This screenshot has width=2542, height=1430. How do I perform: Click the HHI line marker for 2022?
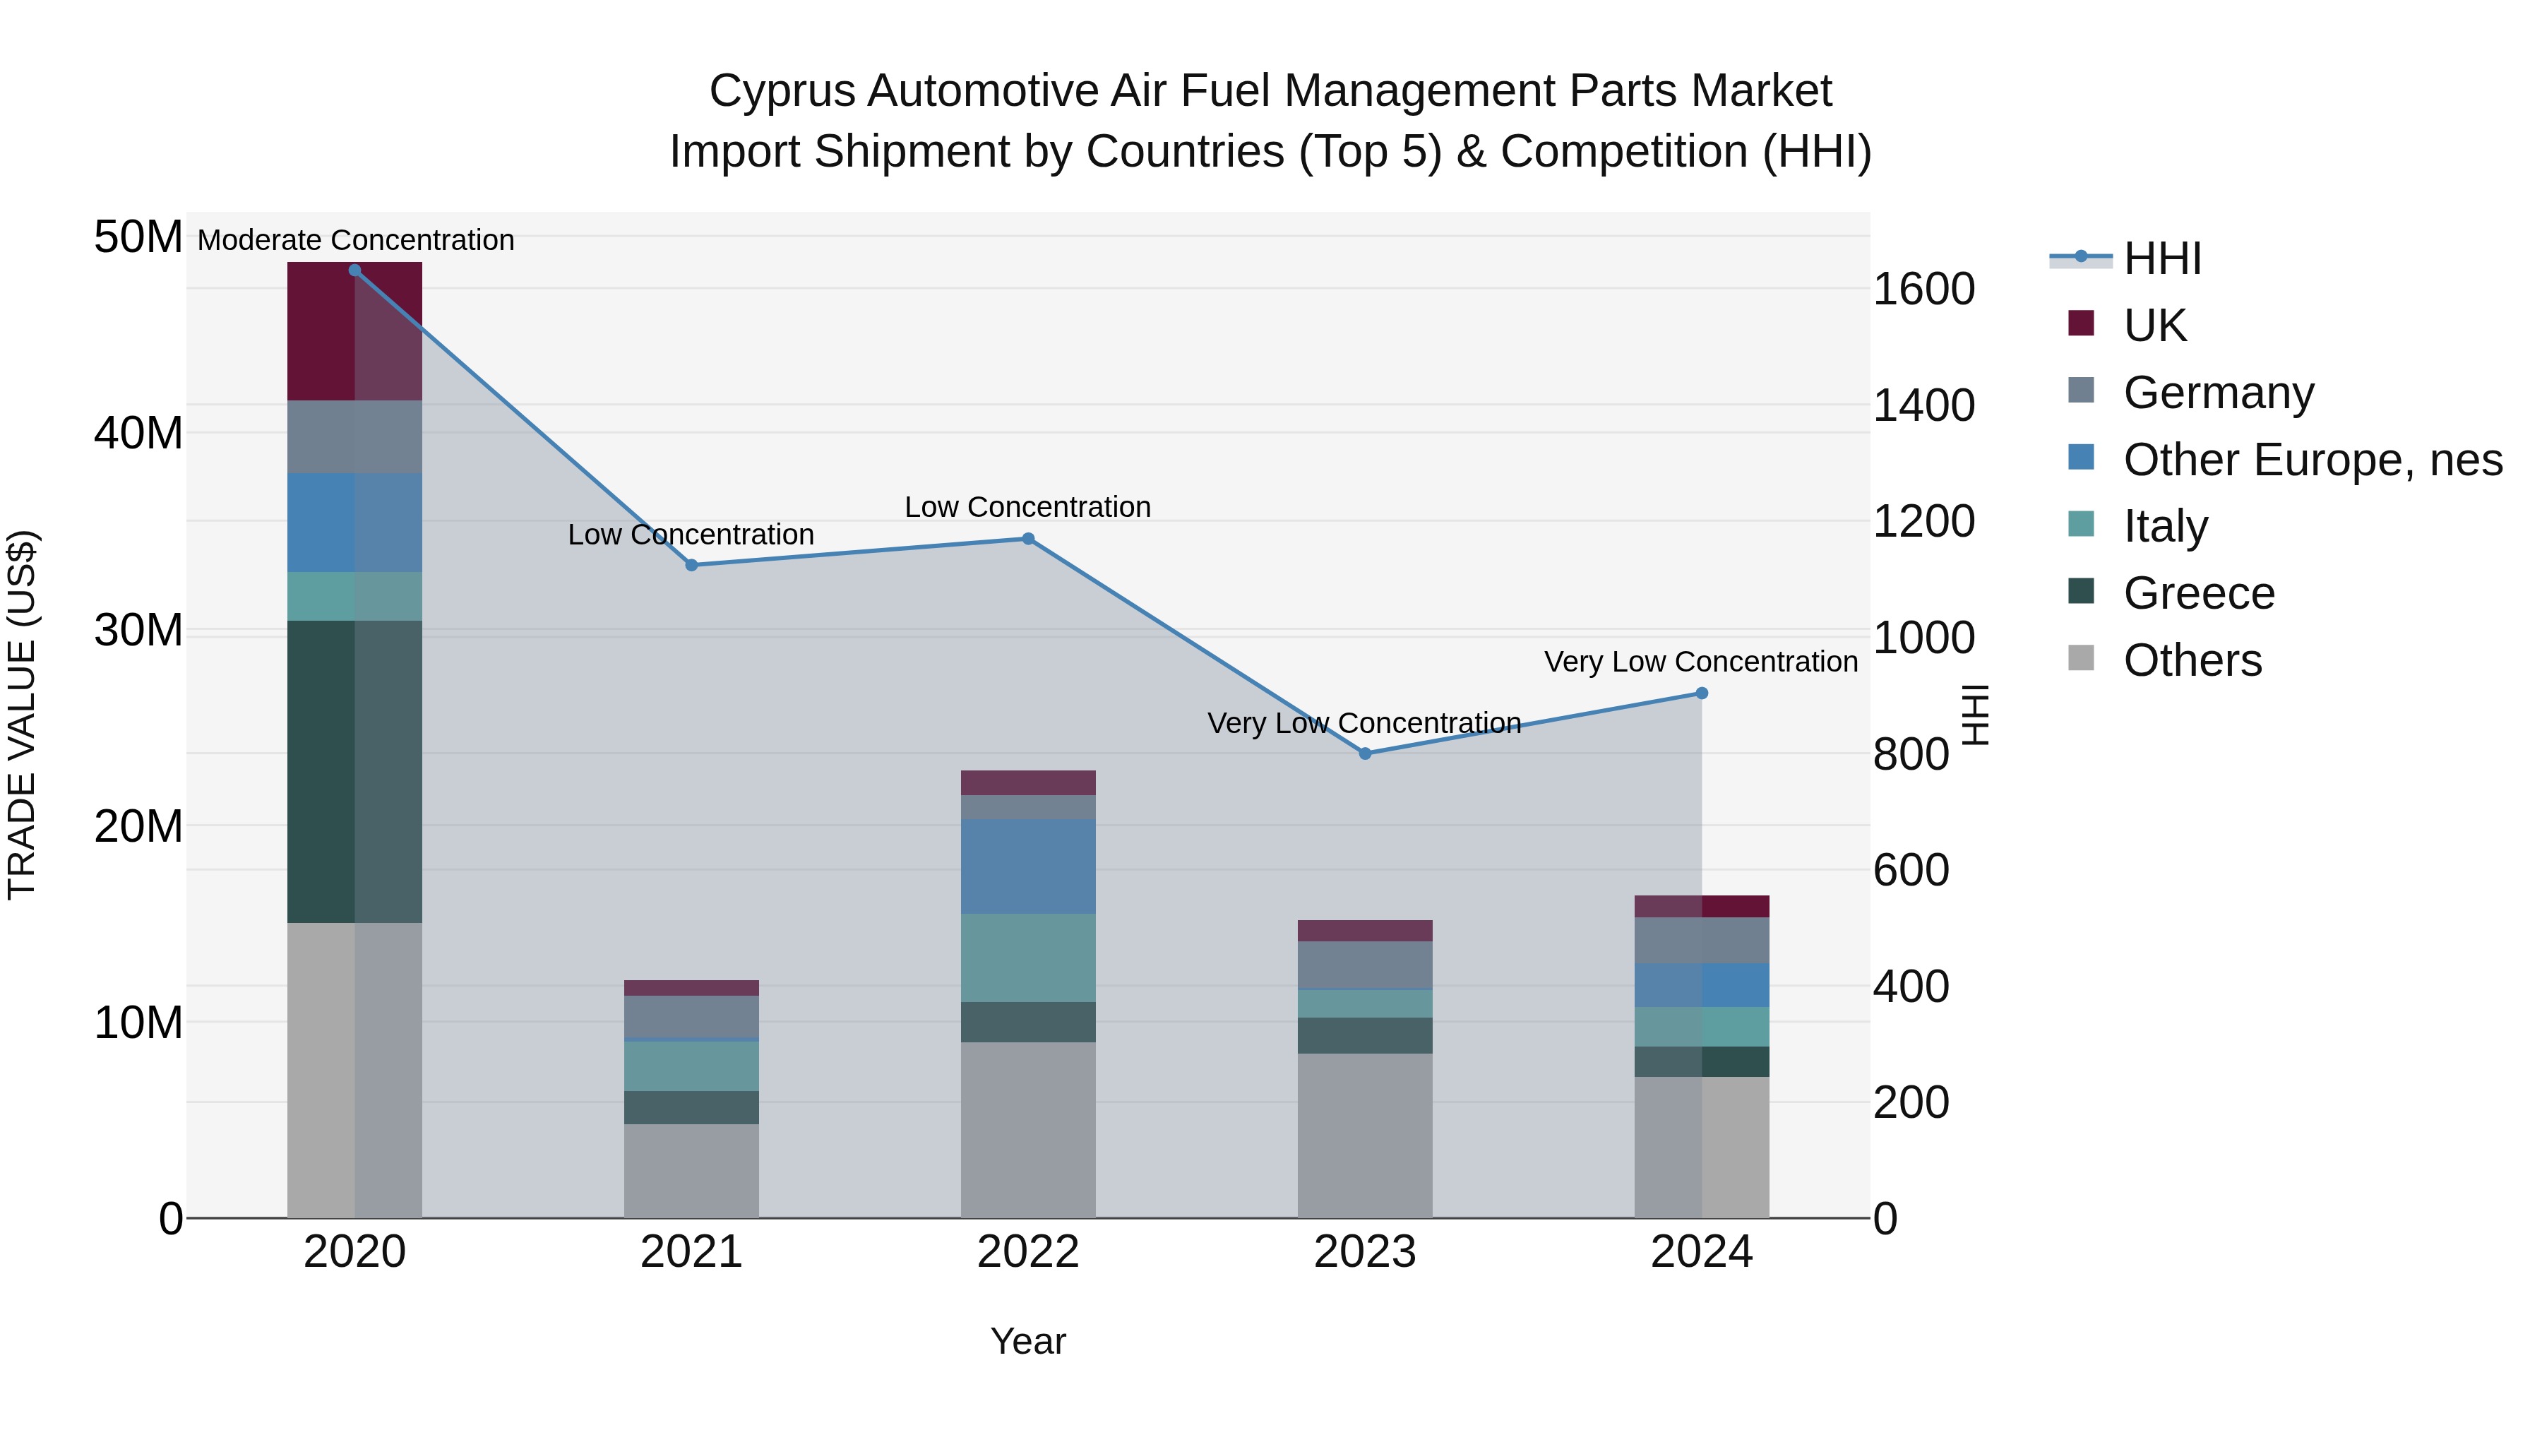tap(1027, 539)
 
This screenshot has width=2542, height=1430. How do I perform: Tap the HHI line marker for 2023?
tap(1365, 753)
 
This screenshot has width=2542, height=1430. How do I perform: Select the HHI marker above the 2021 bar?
tap(691, 564)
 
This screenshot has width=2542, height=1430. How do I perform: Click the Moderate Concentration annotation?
tap(355, 240)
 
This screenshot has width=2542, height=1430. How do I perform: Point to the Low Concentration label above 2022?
tap(1027, 506)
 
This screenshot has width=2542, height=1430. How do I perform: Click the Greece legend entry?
tap(2199, 593)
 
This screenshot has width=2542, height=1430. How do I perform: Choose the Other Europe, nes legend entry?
tap(2312, 460)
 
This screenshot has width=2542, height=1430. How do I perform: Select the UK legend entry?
tap(2154, 326)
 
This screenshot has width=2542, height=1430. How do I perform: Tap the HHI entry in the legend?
tap(2161, 258)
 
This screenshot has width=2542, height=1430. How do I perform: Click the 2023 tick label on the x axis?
tap(1365, 1252)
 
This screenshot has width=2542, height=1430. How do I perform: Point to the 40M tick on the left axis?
tap(138, 434)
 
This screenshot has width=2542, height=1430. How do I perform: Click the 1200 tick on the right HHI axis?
tap(1923, 521)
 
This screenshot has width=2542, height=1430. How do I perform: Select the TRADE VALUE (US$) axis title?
tap(22, 715)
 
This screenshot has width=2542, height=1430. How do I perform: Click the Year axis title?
tap(1027, 1341)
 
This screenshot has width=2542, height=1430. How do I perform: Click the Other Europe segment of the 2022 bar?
tap(1027, 866)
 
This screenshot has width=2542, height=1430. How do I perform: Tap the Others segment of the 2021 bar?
tap(691, 1169)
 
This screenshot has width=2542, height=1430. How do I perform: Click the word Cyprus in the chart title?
tap(782, 91)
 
